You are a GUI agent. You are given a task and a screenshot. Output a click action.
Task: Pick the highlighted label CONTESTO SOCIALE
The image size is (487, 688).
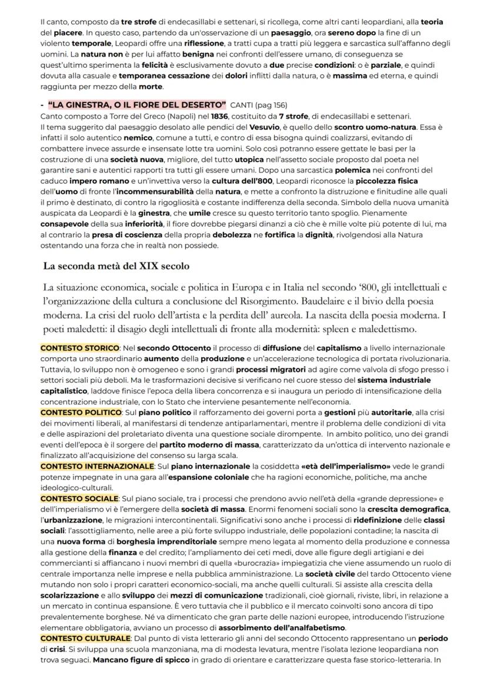coord(79,498)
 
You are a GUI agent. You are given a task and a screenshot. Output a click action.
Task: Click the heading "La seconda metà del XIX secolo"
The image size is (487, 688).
coord(116,266)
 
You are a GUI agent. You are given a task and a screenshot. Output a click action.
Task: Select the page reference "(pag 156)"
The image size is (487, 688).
coord(273,105)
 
